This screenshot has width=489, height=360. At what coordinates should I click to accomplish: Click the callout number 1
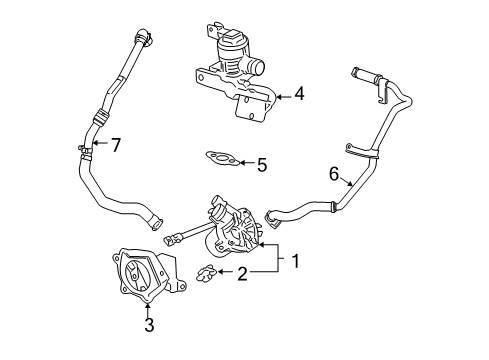(296, 262)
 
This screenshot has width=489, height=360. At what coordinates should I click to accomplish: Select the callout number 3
(149, 324)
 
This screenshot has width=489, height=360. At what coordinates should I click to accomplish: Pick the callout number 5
(261, 163)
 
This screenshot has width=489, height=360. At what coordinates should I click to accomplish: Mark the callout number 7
(116, 146)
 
